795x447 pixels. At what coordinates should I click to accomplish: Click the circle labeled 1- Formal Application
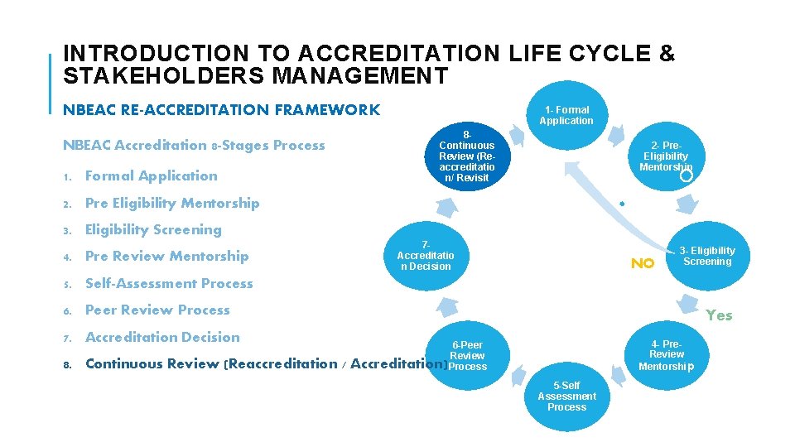566,116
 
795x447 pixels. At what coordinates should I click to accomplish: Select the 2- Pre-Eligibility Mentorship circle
666,156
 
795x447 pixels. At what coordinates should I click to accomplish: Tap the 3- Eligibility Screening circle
706,257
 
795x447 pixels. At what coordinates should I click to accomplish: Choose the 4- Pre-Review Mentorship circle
666,355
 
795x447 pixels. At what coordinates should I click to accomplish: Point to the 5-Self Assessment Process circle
566,397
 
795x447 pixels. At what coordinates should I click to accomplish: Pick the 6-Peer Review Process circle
467,355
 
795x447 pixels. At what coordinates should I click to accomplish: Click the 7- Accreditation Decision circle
426,256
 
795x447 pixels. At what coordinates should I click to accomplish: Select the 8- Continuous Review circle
467,156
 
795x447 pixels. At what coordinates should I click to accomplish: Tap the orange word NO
642,264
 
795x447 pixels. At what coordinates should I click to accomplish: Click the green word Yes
719,315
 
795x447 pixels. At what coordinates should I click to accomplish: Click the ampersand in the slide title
667,54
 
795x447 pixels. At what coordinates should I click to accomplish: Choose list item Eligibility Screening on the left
153,229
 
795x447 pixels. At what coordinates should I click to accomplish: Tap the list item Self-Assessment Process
169,283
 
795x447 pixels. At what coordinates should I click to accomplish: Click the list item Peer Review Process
157,310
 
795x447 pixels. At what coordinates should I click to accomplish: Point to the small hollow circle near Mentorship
686,175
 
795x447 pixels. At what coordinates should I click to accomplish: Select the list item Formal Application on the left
151,175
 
